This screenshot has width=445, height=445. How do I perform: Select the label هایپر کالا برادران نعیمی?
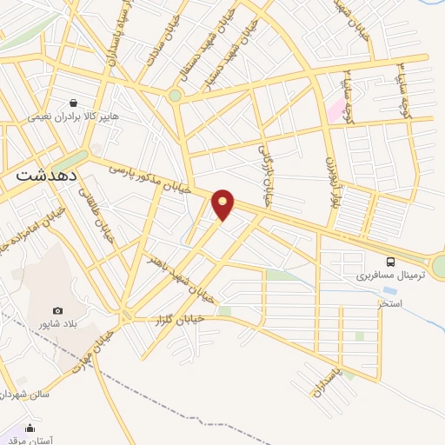(x=73, y=116)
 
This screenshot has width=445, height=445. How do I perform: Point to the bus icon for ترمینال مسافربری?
(x=391, y=262)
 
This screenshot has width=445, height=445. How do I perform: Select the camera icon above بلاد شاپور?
(x=58, y=311)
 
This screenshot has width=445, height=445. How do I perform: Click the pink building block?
(x=335, y=110)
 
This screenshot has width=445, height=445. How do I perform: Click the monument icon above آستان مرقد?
(x=30, y=428)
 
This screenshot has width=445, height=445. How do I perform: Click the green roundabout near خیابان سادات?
(x=175, y=96)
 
